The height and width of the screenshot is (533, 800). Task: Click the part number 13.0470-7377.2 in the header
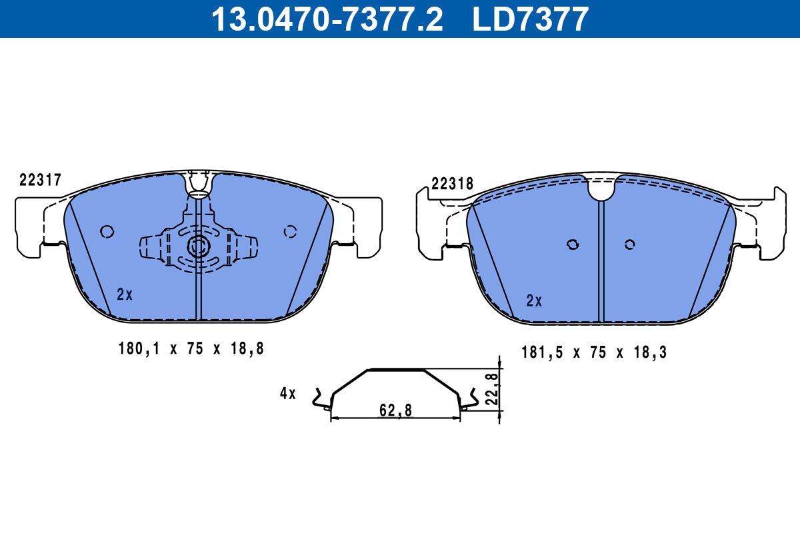click(x=327, y=19)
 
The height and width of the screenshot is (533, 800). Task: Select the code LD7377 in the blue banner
click(x=531, y=19)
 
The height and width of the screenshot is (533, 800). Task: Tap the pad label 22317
click(x=41, y=180)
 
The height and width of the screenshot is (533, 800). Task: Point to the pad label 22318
click(x=452, y=184)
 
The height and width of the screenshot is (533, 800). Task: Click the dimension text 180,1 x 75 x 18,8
click(x=191, y=348)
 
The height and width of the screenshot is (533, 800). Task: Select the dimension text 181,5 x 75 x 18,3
click(x=594, y=352)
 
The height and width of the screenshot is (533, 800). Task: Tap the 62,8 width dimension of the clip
click(x=396, y=410)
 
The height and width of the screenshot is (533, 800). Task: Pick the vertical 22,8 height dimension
click(x=492, y=389)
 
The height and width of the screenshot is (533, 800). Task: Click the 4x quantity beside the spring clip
click(x=288, y=393)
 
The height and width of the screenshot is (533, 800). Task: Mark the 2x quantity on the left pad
click(x=125, y=294)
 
